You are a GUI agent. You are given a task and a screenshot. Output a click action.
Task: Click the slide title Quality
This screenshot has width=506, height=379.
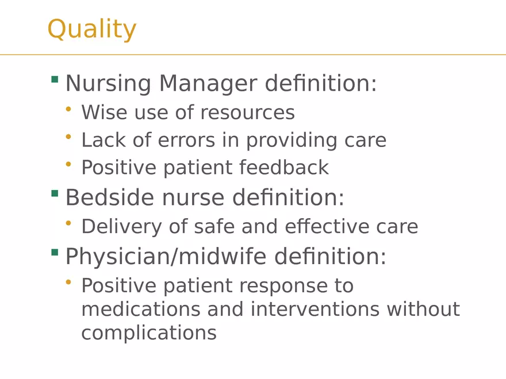click(92, 29)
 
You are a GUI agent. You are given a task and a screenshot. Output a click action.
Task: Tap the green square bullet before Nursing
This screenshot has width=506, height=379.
click(55, 79)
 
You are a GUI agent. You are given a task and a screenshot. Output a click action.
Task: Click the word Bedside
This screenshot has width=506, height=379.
click(110, 198)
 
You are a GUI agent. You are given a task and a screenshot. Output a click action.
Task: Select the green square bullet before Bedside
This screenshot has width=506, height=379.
click(55, 194)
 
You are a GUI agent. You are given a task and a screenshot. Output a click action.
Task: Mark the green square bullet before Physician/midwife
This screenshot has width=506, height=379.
click(55, 252)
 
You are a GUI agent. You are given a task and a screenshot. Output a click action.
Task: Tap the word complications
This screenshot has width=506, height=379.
click(148, 333)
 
